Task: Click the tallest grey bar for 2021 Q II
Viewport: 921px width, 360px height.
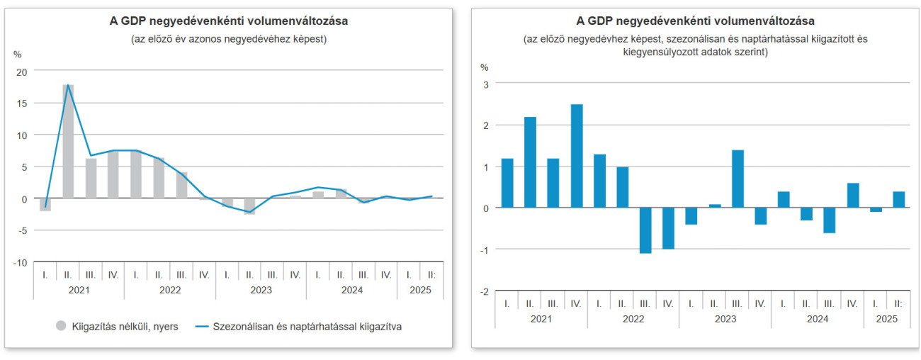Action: coord(68,142)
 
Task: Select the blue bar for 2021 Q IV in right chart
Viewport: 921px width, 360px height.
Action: coord(576,156)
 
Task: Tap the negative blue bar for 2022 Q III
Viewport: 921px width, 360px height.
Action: coord(645,230)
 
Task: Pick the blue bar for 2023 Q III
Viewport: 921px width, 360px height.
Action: coord(738,179)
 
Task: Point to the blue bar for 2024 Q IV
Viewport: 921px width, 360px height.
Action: coord(852,196)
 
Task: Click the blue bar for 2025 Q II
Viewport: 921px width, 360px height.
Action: coord(898,200)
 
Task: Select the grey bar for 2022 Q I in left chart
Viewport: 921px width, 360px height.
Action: coord(136,174)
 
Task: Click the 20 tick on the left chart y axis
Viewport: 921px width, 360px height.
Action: coord(21,72)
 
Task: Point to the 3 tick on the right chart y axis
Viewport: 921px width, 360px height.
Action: coord(486,84)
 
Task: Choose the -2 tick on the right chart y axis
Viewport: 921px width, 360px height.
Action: coord(485,291)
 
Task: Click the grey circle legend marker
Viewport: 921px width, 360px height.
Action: coord(61,326)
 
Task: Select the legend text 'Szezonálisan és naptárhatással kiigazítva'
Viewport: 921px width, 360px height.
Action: coord(307,327)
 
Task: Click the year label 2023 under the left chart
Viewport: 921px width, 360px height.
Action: coord(261,289)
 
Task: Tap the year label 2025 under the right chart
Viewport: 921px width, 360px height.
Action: coord(886,319)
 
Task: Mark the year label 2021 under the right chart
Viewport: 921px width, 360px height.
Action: coord(541,319)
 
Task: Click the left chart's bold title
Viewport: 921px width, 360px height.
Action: coord(228,21)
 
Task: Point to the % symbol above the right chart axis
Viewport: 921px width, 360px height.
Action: coord(485,67)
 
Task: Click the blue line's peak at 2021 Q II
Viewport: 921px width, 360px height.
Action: coord(68,85)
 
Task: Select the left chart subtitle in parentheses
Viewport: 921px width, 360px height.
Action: coord(228,40)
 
